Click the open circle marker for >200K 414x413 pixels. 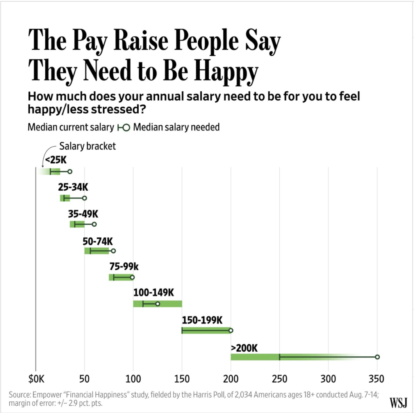[377, 357]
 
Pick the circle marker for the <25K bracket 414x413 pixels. [70, 171]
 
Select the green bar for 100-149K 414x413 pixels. [170, 304]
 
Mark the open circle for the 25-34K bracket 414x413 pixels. [84, 198]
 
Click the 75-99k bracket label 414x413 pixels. [124, 266]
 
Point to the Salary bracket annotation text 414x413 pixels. [87, 146]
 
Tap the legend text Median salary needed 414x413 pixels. [176, 127]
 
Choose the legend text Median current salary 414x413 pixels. [71, 127]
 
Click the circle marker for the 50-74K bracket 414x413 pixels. [113, 251]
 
